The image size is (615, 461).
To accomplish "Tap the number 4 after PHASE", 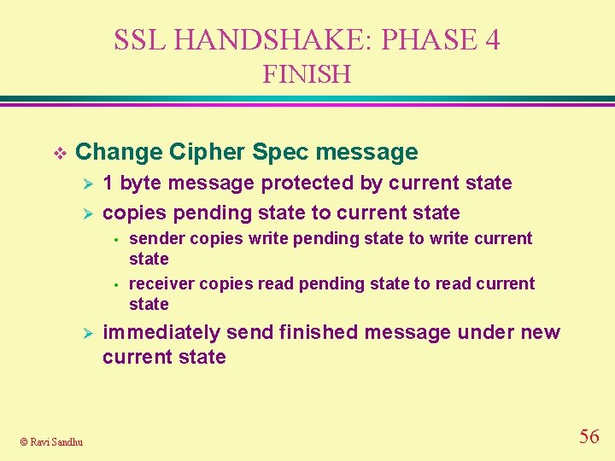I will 492,40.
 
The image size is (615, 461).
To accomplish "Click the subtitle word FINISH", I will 307,75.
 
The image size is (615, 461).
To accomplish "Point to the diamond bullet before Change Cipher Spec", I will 59,153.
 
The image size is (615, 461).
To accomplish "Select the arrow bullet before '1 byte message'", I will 84,184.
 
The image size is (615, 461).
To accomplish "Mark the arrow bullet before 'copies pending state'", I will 84,213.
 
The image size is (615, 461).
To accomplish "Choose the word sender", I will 156,239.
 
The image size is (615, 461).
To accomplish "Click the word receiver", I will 161,284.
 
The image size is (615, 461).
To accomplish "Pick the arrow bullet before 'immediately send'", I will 84,333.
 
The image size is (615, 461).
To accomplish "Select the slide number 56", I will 589,437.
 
